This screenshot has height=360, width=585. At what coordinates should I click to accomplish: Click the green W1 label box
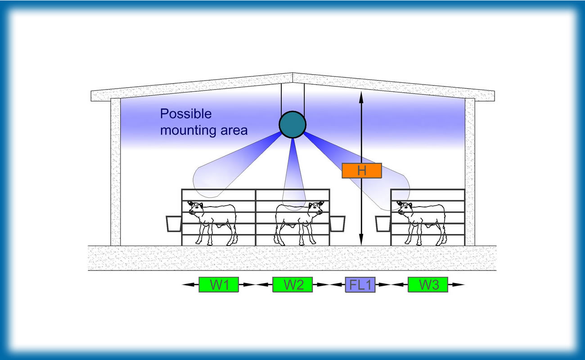[x=219, y=284]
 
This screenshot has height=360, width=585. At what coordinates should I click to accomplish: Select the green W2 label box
[x=292, y=284]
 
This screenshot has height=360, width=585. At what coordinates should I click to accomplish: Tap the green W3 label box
[x=428, y=284]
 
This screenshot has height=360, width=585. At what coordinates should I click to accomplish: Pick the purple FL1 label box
[x=360, y=284]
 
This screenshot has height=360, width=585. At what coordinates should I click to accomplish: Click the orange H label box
[x=362, y=171]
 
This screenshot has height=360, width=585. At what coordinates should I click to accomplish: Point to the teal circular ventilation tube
[x=292, y=125]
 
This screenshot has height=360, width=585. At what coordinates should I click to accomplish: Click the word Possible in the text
[x=186, y=114]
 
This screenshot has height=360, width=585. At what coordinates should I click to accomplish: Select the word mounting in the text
[x=188, y=130]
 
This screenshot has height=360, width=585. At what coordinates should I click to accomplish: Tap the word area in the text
[x=234, y=130]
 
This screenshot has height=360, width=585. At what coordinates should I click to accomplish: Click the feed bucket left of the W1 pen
[x=174, y=224]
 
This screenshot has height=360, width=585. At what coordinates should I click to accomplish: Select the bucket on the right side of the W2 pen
[x=337, y=224]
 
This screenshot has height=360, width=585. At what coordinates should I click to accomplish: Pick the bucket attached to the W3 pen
[x=383, y=224]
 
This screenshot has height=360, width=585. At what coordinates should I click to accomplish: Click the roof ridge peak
[x=292, y=73]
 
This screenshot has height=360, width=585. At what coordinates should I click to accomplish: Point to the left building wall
[x=116, y=172]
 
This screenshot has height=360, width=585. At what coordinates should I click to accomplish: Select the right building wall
[x=470, y=172]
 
